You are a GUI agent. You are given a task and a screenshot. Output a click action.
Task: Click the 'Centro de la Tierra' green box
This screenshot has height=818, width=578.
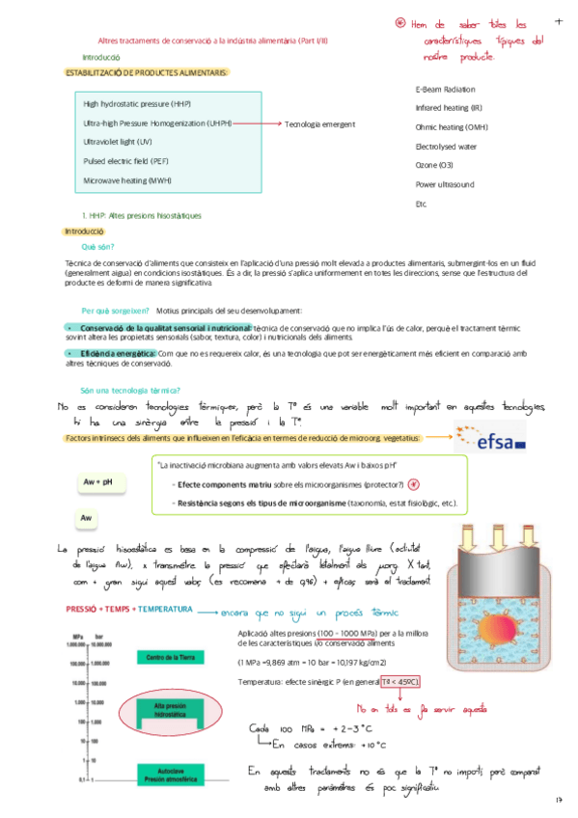coord(172,658)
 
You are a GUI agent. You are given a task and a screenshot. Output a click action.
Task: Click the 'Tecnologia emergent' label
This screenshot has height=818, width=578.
coord(320,123)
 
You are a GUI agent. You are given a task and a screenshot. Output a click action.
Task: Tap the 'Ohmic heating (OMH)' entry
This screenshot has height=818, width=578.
coord(451,126)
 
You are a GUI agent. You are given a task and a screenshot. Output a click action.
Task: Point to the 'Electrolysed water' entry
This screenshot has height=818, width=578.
coord(446,147)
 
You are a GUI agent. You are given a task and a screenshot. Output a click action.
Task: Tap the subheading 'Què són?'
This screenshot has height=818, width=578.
coord(97,247)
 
